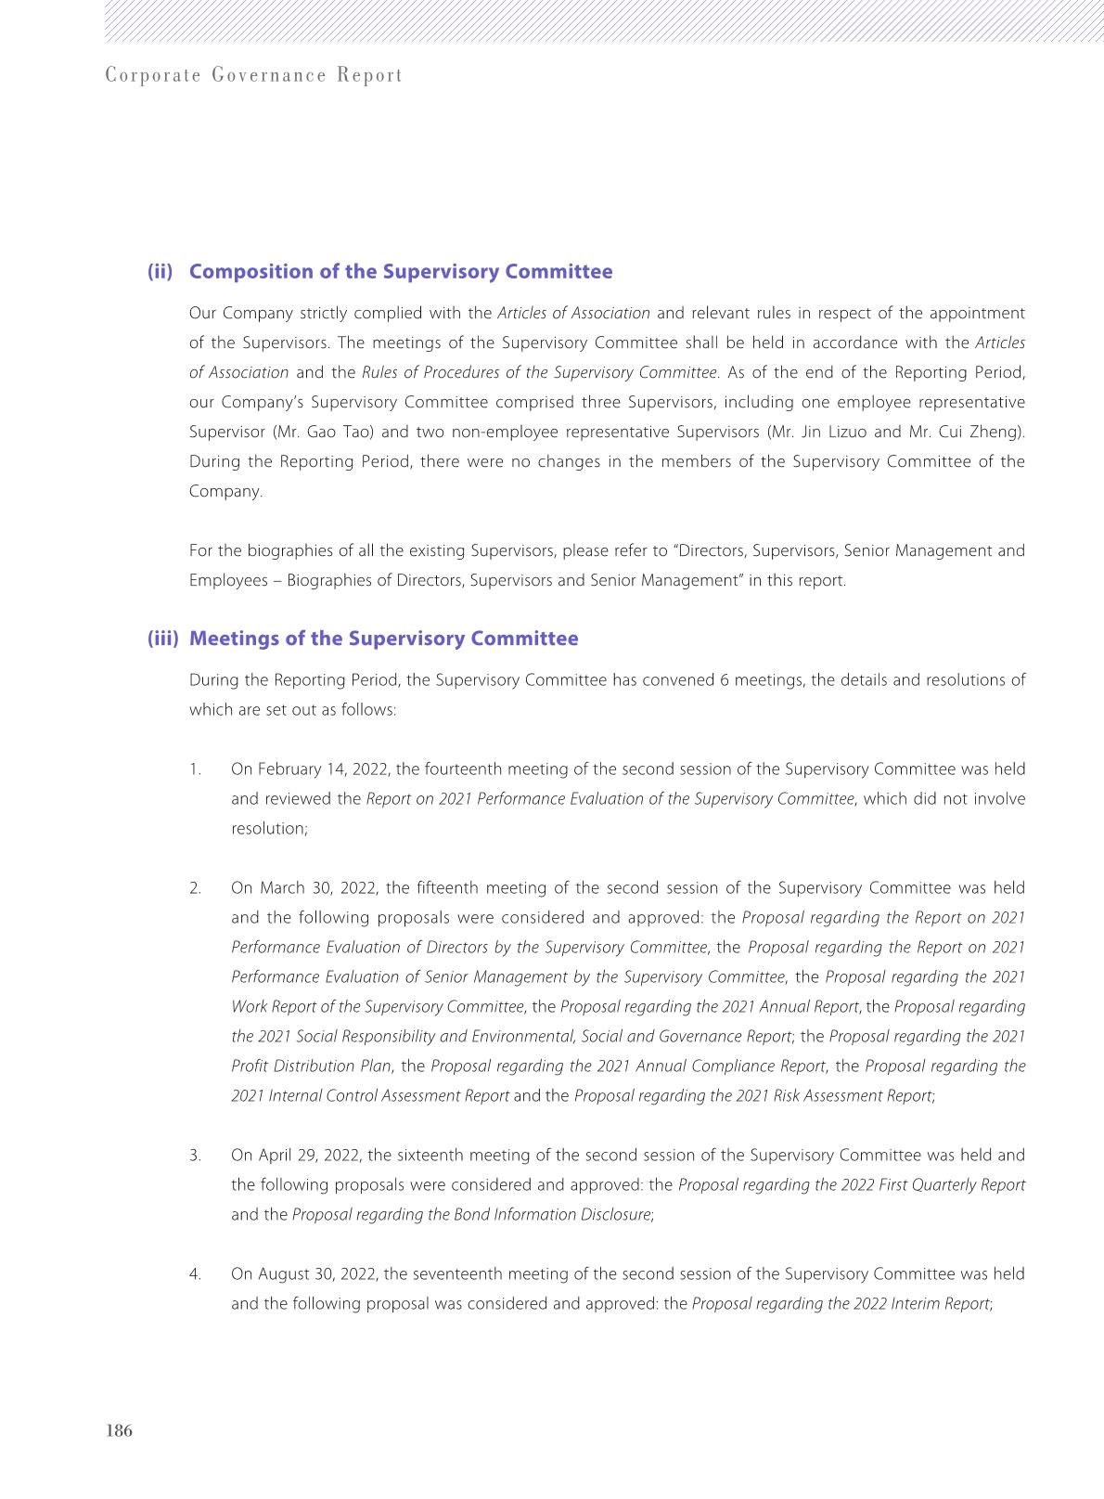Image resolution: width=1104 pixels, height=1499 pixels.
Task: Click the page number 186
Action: (120, 1430)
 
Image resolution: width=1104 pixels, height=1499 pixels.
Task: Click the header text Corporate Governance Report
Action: (254, 76)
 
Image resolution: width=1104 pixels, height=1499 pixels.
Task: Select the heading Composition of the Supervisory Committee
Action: (401, 272)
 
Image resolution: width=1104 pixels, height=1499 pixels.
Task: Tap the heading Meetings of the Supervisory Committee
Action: (383, 639)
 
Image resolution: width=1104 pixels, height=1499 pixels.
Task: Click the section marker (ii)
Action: (160, 272)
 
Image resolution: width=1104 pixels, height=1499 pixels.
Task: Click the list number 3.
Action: (195, 1156)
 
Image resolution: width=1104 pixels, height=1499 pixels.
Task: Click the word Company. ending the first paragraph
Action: (225, 491)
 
